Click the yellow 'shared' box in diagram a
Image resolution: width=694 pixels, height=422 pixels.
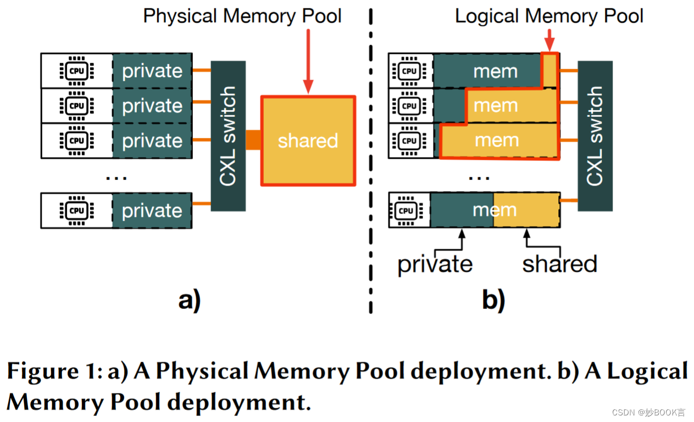pyautogui.click(x=308, y=140)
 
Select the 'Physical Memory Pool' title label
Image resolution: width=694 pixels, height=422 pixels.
pyautogui.click(x=242, y=15)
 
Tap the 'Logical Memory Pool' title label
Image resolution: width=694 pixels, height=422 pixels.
pyautogui.click(x=549, y=15)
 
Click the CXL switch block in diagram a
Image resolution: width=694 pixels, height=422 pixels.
pyautogui.click(x=228, y=136)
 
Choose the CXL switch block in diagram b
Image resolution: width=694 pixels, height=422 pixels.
pyautogui.click(x=595, y=136)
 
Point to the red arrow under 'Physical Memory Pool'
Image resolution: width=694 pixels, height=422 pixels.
pyautogui.click(x=308, y=60)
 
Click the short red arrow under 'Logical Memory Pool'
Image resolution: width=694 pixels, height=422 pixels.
pyautogui.click(x=549, y=41)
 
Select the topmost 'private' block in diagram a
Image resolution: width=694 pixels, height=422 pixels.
pyautogui.click(x=152, y=71)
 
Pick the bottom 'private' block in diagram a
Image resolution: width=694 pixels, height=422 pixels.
pyautogui.click(x=152, y=211)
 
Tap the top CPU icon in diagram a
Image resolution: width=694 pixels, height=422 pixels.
pyautogui.click(x=76, y=71)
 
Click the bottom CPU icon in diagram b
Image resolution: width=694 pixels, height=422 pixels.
pyautogui.click(x=406, y=210)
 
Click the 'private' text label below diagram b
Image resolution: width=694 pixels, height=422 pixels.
pyautogui.click(x=435, y=264)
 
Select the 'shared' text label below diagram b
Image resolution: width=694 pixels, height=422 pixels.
pyautogui.click(x=559, y=264)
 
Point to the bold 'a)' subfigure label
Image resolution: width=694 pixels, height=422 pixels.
pyautogui.click(x=190, y=300)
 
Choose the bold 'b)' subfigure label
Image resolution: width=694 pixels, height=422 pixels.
pyautogui.click(x=493, y=300)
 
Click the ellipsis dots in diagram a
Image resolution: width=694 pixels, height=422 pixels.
pyautogui.click(x=116, y=177)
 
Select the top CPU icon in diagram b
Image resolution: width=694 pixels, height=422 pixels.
pyautogui.click(x=409, y=71)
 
